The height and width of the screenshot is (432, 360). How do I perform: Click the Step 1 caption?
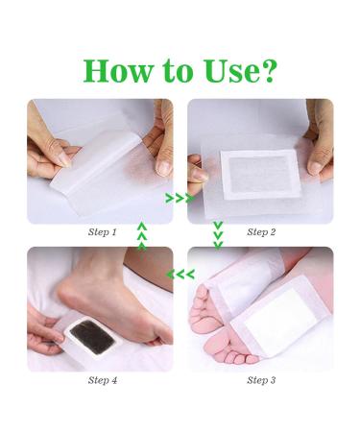[101, 232]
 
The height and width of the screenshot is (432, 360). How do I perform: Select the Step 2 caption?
[261, 232]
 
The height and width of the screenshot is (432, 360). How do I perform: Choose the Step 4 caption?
[101, 380]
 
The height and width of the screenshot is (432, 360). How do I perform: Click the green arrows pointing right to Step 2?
[180, 199]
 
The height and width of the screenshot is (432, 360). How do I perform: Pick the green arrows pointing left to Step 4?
[180, 275]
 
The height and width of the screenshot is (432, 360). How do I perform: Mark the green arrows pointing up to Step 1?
[142, 233]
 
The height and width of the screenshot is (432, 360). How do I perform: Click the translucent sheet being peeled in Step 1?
[104, 163]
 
